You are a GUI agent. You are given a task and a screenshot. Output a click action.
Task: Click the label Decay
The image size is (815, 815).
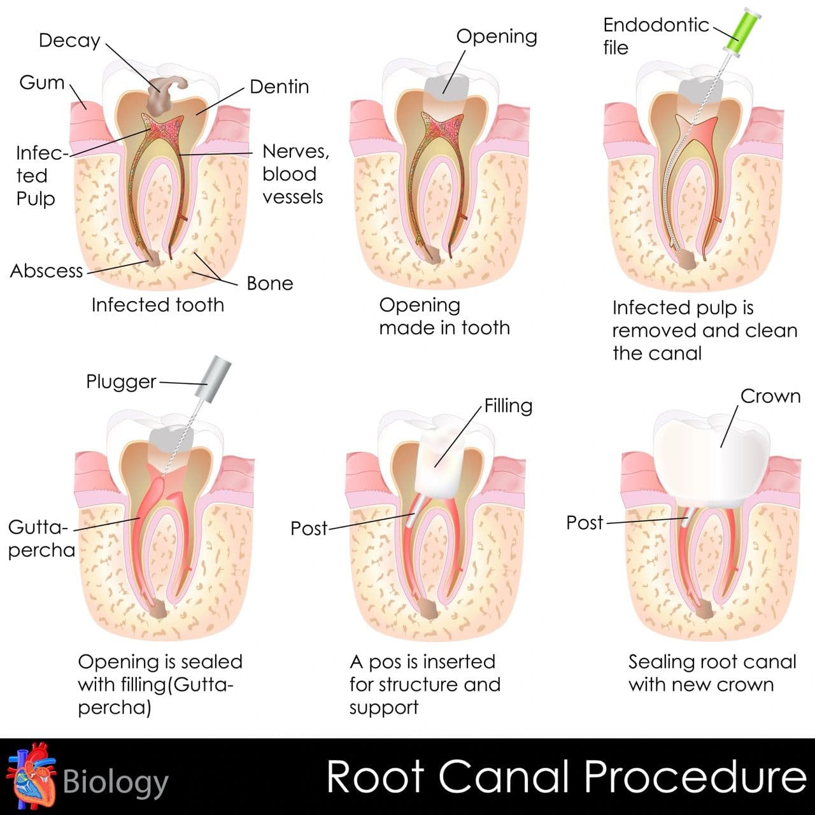[x=69, y=40]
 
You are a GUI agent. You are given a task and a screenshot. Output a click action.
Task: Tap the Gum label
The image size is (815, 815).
[x=42, y=83]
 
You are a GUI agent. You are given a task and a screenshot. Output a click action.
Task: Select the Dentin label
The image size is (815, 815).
[x=279, y=87]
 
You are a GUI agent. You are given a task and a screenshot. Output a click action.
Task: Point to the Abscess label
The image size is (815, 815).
[x=46, y=271]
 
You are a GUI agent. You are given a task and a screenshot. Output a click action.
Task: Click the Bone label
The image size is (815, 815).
[x=270, y=283]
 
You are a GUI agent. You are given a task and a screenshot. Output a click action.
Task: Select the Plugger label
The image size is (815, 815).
[x=121, y=381]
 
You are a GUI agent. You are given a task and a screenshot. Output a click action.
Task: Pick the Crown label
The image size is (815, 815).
[x=770, y=396]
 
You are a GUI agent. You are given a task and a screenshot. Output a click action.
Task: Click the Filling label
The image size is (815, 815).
[x=508, y=406]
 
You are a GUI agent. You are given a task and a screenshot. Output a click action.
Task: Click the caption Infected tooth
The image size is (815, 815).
[x=157, y=305]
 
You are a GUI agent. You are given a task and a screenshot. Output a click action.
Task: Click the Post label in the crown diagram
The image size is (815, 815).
[x=584, y=523]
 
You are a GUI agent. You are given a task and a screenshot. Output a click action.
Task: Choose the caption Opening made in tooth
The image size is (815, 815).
[x=444, y=316]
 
